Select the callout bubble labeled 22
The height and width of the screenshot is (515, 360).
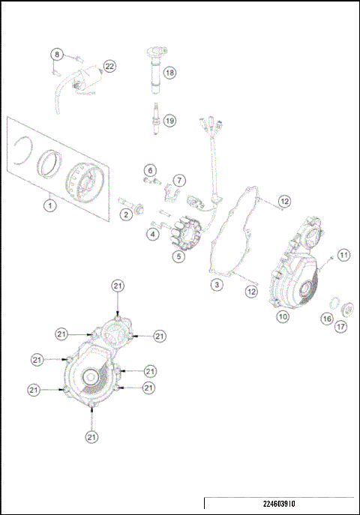point(109,66)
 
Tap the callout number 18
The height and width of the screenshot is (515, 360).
point(169,73)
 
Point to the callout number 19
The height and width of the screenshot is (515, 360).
point(169,120)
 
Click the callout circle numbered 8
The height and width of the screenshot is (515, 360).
point(55,53)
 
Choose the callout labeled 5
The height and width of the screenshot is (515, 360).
point(178,256)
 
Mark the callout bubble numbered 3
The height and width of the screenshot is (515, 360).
point(215,285)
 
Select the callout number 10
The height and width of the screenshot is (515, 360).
point(283,316)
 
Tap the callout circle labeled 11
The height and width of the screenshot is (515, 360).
point(343,255)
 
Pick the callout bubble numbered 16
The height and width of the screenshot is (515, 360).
point(326,319)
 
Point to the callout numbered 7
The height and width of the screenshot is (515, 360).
point(178,181)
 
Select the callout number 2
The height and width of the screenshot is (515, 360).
point(127,215)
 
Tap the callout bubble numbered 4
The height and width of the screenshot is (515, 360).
point(152,235)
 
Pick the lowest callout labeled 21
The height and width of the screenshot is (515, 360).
point(91,436)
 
